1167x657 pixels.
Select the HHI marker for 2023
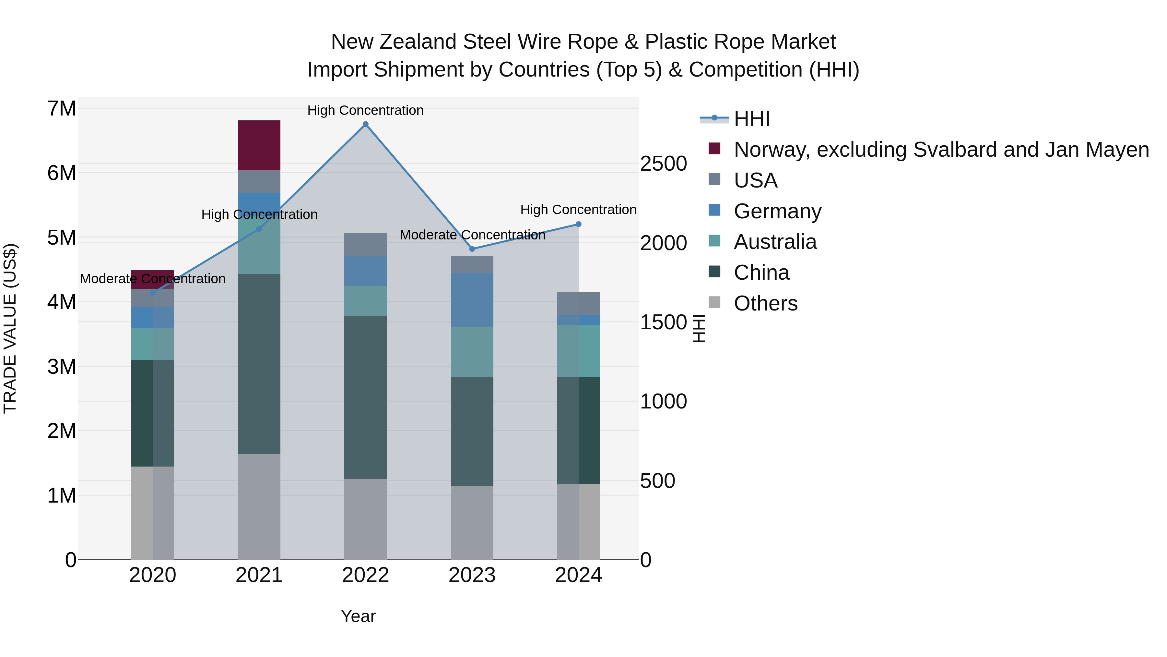click(472, 249)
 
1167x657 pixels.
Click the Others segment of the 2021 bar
click(259, 506)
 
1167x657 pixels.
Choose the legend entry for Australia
click(775, 242)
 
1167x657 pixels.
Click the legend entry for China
click(761, 273)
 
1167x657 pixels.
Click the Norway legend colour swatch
click(714, 149)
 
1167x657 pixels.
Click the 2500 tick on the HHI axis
click(663, 164)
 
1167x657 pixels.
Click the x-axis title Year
click(358, 616)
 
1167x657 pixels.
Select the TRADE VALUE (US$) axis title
click(10, 328)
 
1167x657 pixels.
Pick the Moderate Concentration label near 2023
click(472, 235)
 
